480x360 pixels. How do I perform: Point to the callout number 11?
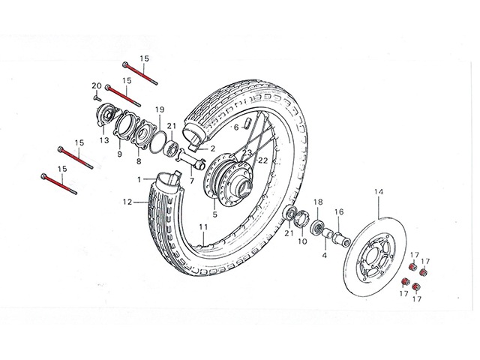202,226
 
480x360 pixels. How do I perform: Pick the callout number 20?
96,85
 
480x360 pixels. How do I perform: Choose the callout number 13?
103,140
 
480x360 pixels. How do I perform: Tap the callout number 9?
118,154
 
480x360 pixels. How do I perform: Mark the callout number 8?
139,160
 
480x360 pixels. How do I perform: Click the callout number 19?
159,111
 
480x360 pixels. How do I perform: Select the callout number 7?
190,181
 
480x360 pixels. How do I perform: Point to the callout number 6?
235,127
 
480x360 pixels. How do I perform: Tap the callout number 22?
262,160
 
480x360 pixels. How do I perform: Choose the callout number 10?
303,241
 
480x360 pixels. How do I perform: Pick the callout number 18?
317,202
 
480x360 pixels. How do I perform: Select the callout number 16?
338,211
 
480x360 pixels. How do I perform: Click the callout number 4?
325,255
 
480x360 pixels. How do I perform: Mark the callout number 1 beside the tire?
139,179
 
